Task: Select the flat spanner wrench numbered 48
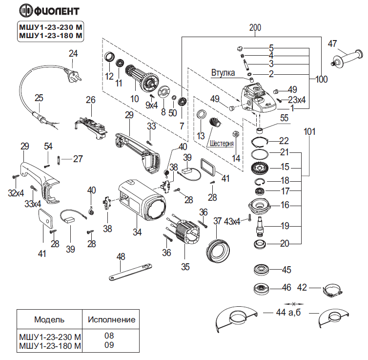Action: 130,273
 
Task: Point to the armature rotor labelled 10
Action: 142,79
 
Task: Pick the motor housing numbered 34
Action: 142,200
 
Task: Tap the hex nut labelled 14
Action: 235,134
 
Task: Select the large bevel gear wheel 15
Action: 260,168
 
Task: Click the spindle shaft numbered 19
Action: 260,226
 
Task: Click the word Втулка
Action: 223,73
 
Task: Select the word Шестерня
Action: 221,143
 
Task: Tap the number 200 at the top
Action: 255,28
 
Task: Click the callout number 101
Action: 309,132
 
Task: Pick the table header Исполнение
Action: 111,319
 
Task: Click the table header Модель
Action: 49,319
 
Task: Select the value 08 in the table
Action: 109,336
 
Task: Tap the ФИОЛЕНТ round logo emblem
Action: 26,11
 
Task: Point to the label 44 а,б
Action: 288,312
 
